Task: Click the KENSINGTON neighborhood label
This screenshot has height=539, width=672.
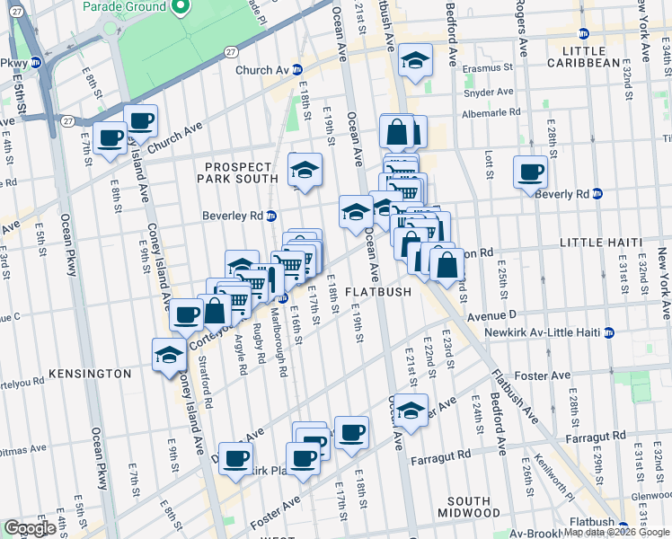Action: (90, 373)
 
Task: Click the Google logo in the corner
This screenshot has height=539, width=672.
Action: (30, 528)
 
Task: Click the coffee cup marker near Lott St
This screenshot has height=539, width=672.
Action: (530, 171)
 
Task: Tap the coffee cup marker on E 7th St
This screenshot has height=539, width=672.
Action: (110, 138)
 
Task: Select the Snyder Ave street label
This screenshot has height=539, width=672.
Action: (490, 92)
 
